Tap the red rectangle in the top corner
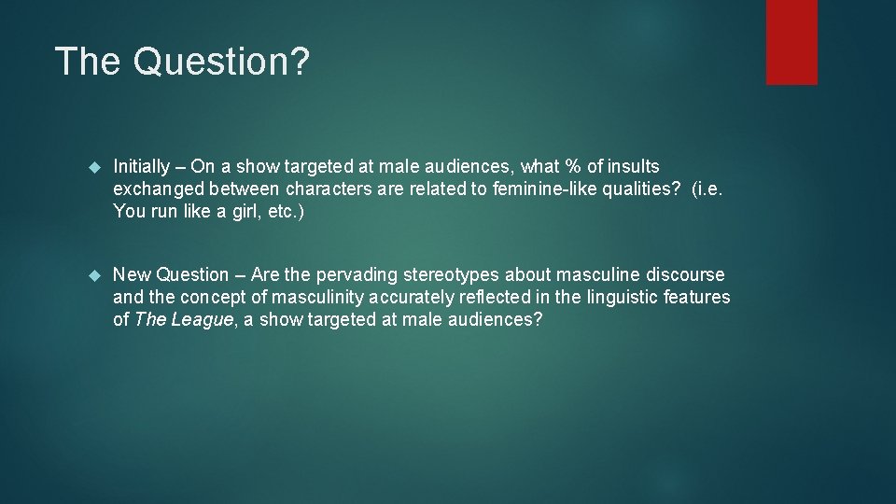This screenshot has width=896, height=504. [791, 42]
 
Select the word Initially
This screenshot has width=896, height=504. [142, 167]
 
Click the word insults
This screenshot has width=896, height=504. [634, 167]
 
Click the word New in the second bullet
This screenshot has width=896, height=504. [132, 275]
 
